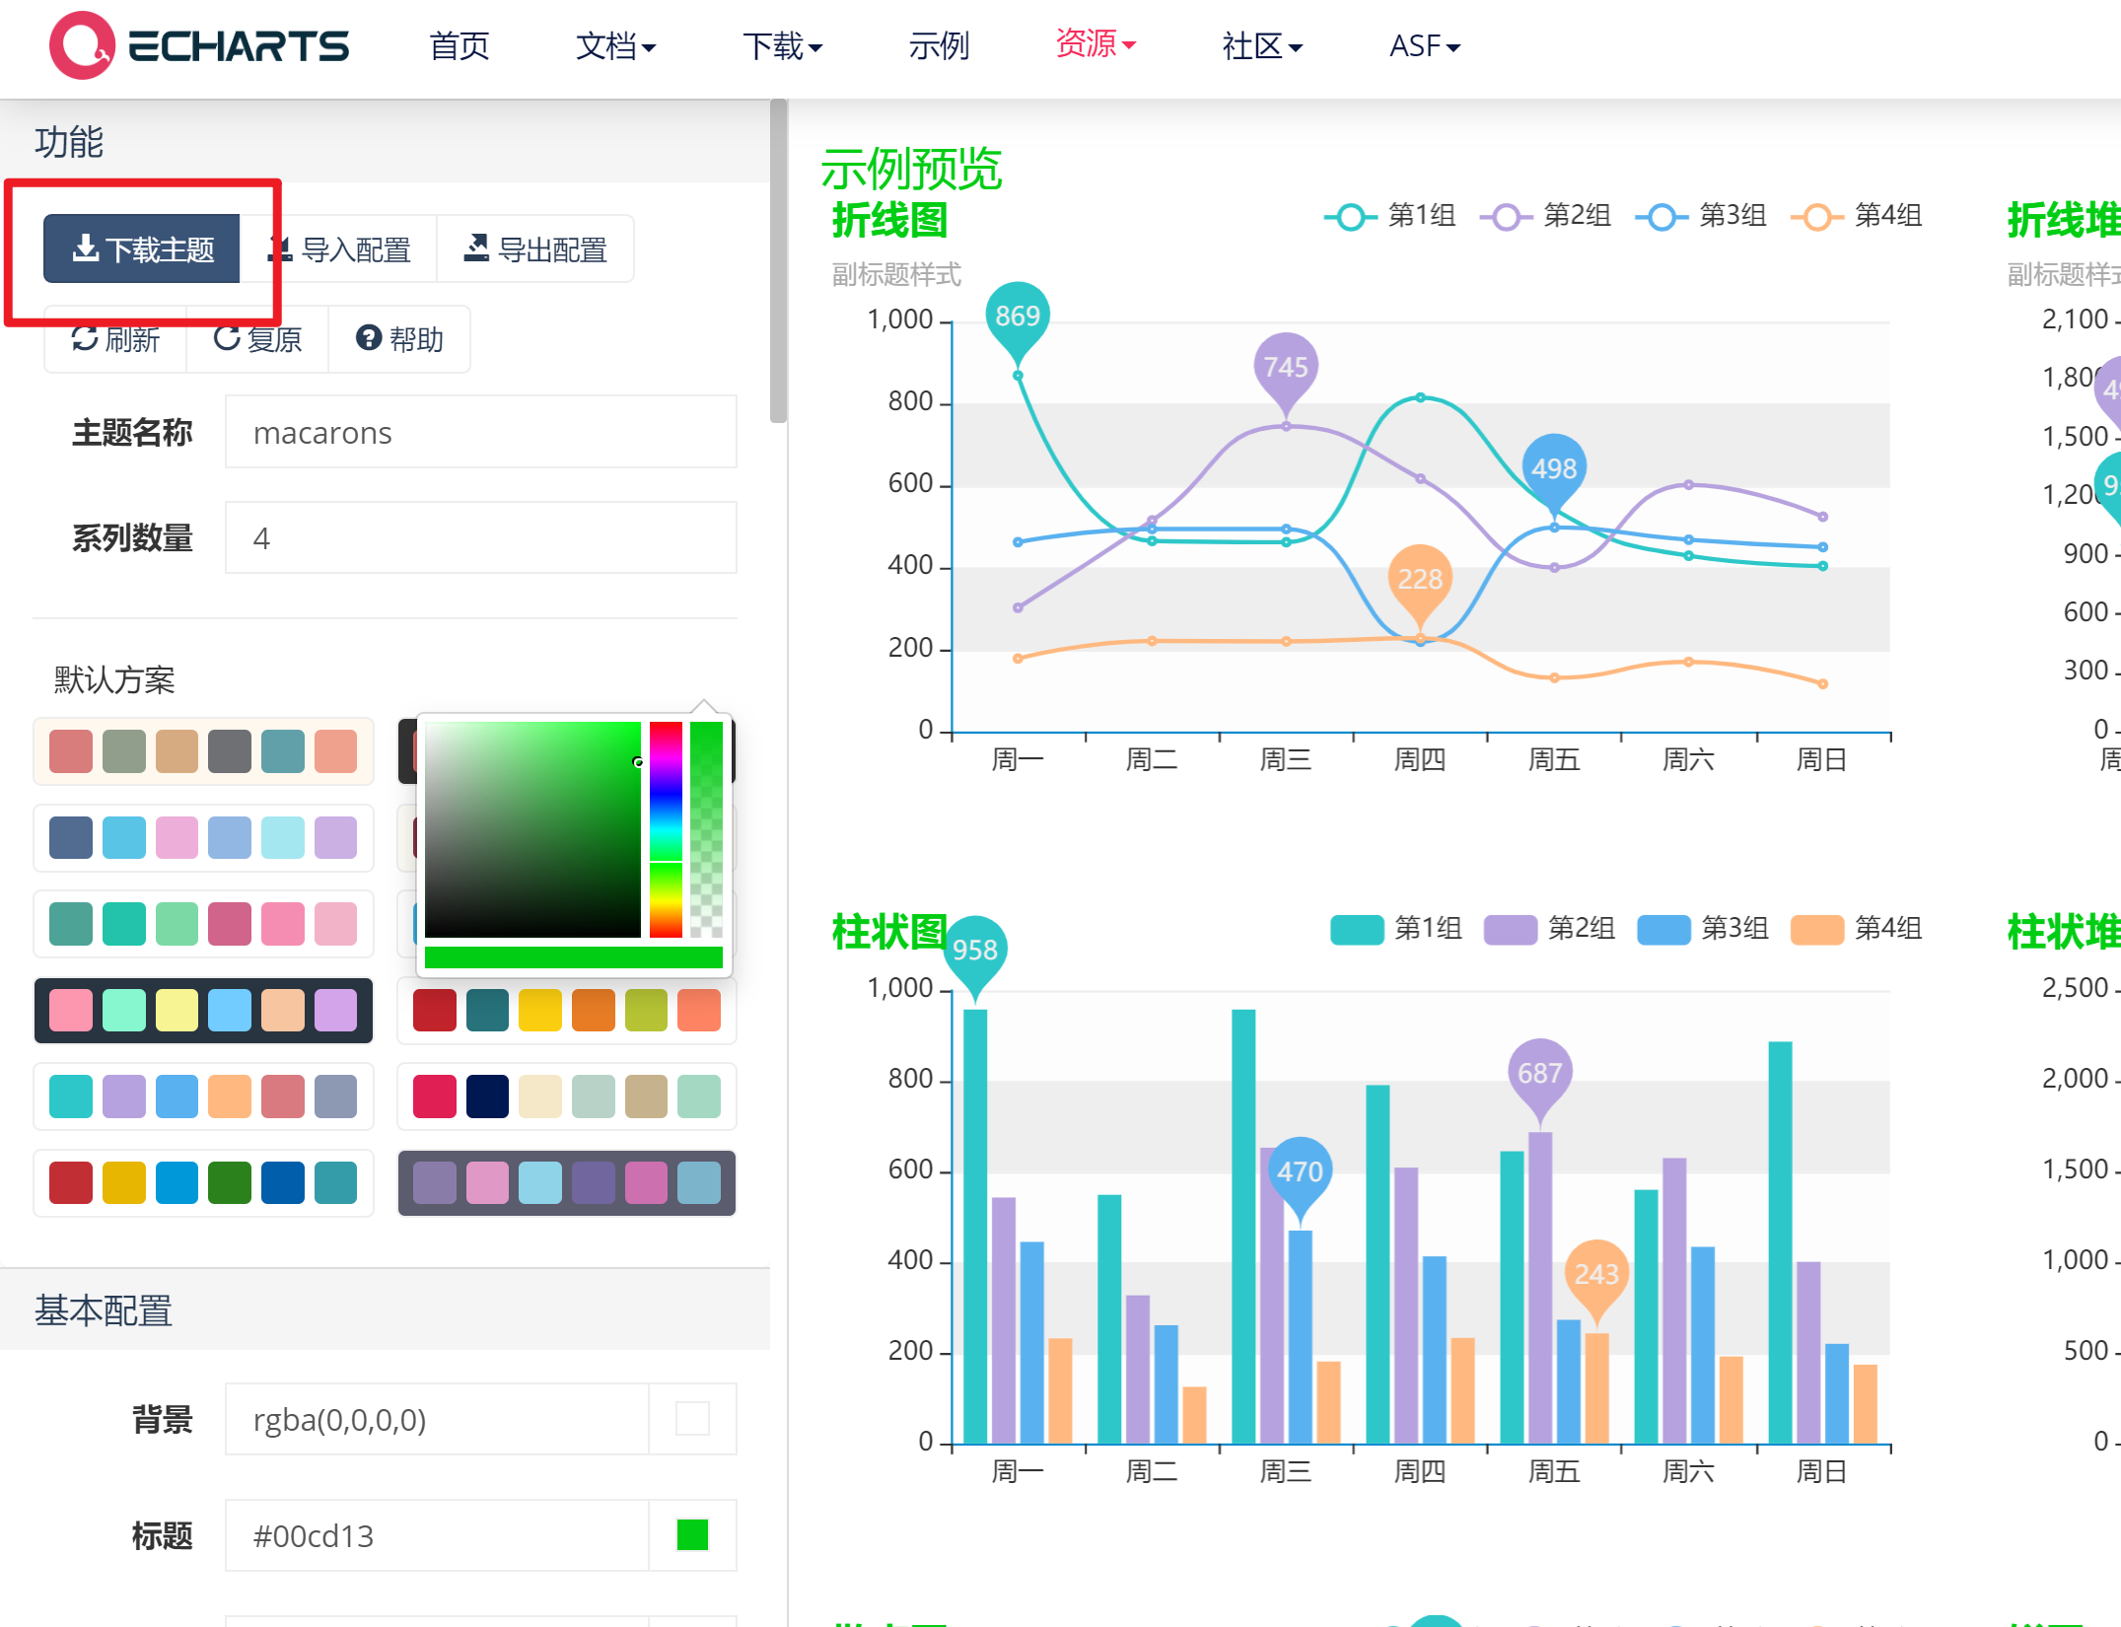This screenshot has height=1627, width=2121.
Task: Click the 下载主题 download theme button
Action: (142, 249)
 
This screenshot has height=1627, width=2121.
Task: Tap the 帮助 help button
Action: (399, 339)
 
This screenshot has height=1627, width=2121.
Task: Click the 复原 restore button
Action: (257, 339)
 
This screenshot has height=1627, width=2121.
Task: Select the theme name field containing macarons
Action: (480, 433)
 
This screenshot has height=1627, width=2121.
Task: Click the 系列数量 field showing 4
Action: (480, 538)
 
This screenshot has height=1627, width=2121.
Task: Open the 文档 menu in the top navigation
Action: (615, 45)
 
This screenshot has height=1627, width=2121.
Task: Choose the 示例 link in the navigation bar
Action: (939, 45)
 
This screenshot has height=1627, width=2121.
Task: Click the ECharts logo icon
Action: (82, 45)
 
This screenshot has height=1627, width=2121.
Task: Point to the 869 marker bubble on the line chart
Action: (1017, 317)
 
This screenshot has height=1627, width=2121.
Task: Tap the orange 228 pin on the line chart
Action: (1419, 579)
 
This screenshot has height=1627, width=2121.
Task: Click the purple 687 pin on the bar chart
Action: (1539, 1073)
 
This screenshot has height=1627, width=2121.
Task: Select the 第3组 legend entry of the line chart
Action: (1702, 216)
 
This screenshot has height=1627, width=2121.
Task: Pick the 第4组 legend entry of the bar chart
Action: (1857, 929)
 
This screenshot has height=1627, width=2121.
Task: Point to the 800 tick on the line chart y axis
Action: (909, 401)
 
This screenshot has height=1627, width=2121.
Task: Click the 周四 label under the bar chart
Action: (1419, 1472)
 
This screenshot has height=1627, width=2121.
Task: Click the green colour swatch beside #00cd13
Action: (692, 1535)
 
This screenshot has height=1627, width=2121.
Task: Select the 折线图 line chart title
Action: (889, 220)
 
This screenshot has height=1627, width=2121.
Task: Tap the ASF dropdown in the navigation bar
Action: (1424, 45)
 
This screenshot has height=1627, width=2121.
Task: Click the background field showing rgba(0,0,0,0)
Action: (437, 1420)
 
